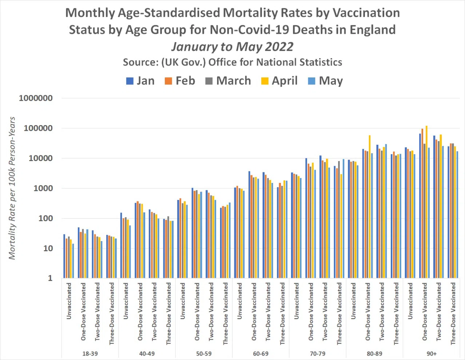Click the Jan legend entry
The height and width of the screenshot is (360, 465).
[x=140, y=81]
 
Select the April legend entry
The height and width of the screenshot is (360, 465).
[x=279, y=81]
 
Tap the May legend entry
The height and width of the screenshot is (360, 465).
[x=326, y=81]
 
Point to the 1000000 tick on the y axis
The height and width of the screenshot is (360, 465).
[x=36, y=98]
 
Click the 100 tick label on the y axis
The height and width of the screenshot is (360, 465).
[x=45, y=218]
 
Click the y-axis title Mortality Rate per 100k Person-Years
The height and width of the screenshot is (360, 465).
[x=12, y=188]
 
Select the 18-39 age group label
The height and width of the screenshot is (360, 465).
[x=90, y=353]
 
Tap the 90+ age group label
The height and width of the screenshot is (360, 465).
[x=432, y=353]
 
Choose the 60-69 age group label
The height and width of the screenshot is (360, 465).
[x=261, y=353]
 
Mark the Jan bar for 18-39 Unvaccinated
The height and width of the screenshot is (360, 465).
[x=64, y=256]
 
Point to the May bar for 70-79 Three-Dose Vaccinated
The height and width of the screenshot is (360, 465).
[x=343, y=219]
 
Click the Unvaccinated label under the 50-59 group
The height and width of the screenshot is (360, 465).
[x=183, y=301]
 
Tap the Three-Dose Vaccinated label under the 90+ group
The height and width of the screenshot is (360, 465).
[x=453, y=314]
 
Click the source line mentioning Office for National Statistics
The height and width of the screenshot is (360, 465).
[x=232, y=62]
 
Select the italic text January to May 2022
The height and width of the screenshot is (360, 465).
[x=232, y=47]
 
